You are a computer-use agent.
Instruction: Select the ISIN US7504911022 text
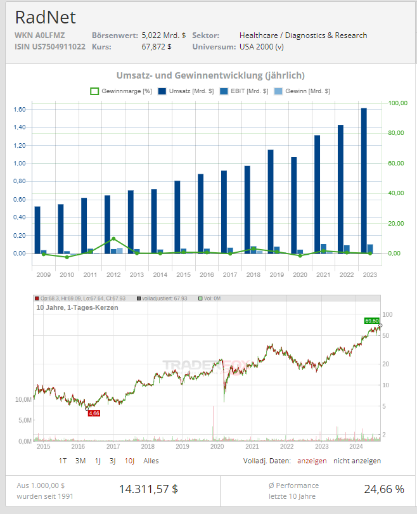click(x=49, y=47)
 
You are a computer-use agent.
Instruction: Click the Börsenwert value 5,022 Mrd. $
click(x=164, y=35)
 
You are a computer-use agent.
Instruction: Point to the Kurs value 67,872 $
click(x=157, y=47)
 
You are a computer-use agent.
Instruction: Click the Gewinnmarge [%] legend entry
click(x=121, y=91)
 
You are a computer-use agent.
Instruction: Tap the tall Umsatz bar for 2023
click(x=364, y=181)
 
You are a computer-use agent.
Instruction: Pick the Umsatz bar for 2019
click(x=271, y=201)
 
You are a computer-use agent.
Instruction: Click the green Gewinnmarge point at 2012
click(x=113, y=239)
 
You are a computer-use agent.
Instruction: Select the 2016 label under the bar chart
click(x=207, y=274)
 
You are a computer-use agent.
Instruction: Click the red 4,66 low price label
click(x=94, y=413)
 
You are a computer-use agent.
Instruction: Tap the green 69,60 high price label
click(x=371, y=321)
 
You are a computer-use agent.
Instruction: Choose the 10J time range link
click(x=129, y=461)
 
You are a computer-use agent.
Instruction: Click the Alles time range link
click(x=151, y=461)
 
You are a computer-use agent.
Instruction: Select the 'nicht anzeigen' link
click(x=357, y=461)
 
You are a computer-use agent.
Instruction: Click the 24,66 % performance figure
click(x=383, y=489)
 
